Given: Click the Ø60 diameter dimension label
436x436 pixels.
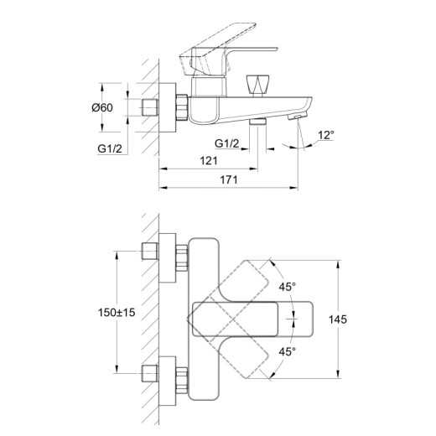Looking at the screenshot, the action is (102, 107).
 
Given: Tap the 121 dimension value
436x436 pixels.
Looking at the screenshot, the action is (209, 161).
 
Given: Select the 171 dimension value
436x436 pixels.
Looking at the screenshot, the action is (229, 180).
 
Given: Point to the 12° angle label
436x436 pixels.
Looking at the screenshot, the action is (326, 135).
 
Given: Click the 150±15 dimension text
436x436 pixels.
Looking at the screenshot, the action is (117, 313).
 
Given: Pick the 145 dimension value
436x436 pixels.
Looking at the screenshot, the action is (338, 319).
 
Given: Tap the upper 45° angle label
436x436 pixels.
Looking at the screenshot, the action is (287, 287).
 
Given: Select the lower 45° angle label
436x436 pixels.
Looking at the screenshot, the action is (287, 352).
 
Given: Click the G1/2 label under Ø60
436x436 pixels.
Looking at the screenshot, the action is (110, 148).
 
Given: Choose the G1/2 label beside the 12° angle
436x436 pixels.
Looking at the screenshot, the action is (227, 143).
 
